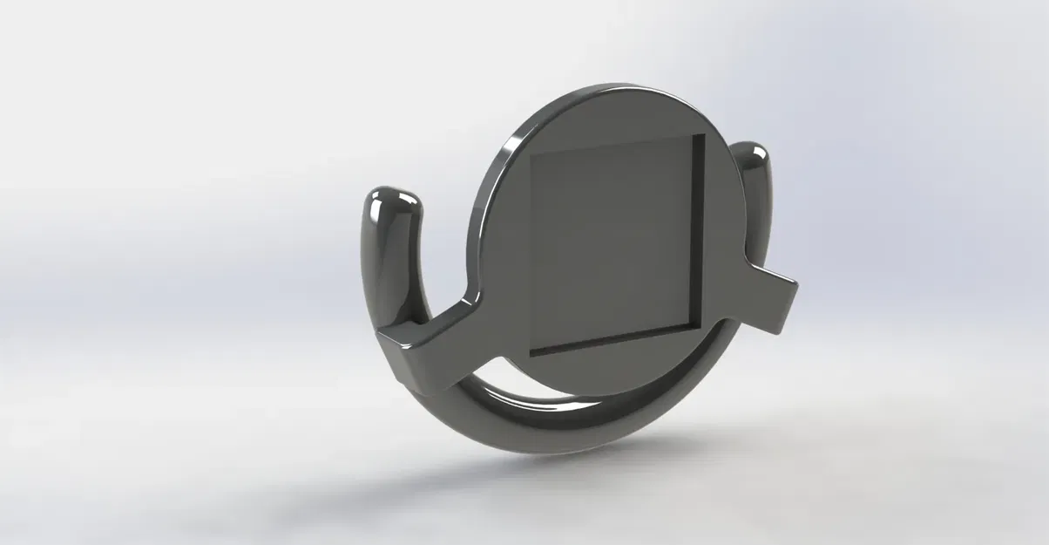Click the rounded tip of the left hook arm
395,204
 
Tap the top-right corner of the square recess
701,136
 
